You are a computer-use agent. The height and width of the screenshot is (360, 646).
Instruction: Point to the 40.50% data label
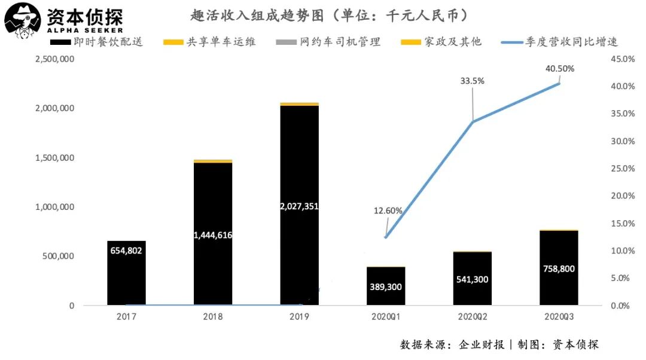click(559, 69)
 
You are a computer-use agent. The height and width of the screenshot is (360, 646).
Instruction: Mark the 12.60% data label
click(388, 210)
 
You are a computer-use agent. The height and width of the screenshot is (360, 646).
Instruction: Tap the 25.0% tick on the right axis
click(622, 169)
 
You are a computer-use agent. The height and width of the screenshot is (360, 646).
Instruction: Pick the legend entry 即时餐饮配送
click(96, 42)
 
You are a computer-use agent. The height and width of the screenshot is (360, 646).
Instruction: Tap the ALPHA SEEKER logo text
click(85, 30)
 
